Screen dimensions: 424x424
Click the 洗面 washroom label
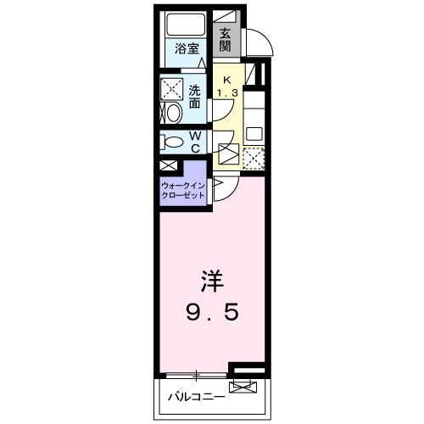195,96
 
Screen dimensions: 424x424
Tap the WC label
194,142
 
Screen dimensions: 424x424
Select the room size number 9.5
212,311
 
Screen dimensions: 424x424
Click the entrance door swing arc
259,39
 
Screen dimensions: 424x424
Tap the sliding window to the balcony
196,374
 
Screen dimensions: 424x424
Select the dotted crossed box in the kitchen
254,157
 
